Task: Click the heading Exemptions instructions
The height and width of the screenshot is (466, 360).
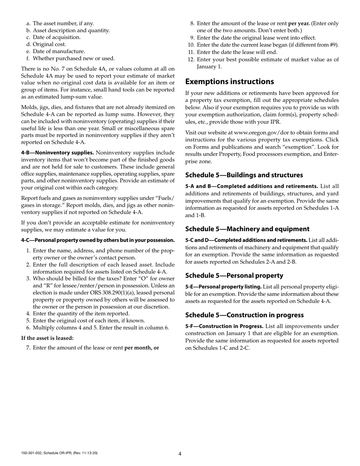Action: point(229,81)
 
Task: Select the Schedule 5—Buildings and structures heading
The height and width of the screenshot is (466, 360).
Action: point(244,175)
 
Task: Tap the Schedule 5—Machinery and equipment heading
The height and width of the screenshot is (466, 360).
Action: point(247,229)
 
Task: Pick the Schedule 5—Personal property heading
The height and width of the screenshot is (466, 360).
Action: point(234,275)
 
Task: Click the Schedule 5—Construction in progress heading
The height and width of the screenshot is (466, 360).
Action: point(244,315)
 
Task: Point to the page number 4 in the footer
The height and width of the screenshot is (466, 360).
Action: point(180,454)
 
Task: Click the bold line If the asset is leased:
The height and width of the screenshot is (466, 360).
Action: point(47,338)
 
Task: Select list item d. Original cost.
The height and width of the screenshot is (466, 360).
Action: point(46,44)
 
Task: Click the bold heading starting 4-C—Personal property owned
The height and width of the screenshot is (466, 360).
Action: point(98,240)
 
